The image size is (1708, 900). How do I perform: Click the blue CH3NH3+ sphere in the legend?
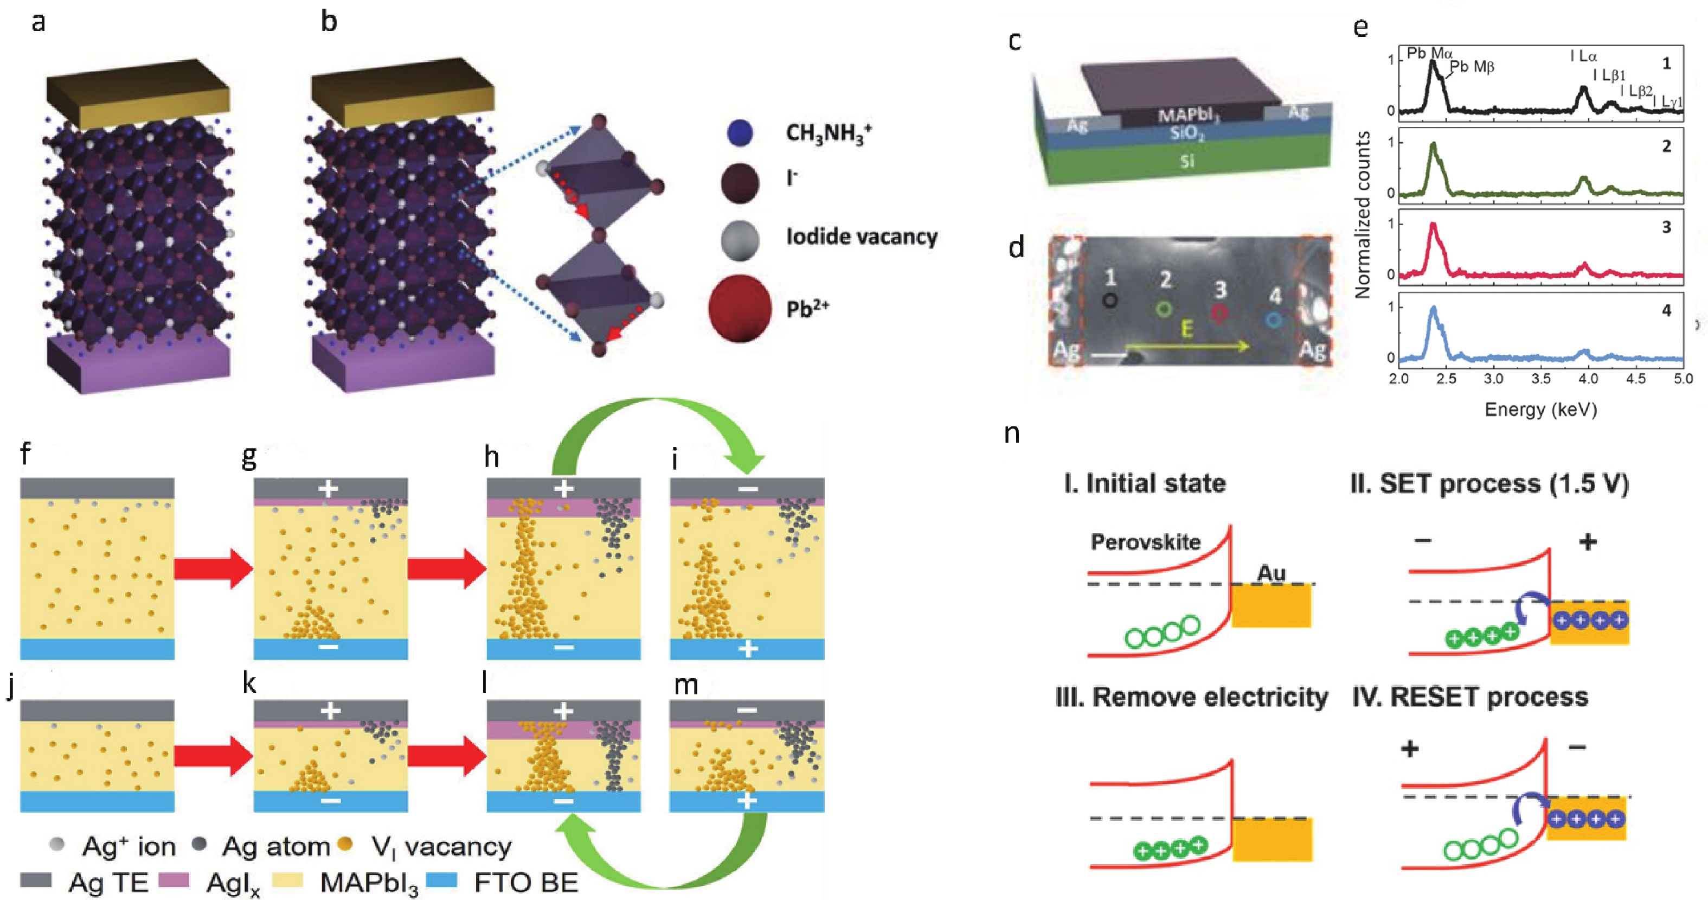pyautogui.click(x=739, y=133)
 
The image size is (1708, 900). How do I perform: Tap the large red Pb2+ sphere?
pyautogui.click(x=739, y=308)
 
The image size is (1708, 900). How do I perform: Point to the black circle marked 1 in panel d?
pyautogui.click(x=1110, y=301)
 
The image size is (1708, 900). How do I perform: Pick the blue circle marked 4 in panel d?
pyautogui.click(x=1273, y=320)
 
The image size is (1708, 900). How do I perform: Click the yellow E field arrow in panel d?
pyautogui.click(x=1187, y=346)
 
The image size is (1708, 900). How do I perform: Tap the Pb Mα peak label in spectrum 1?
pyautogui.click(x=1429, y=53)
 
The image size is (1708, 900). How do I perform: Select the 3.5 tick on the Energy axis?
pyautogui.click(x=1541, y=379)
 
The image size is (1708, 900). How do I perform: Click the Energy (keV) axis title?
pyautogui.click(x=1540, y=409)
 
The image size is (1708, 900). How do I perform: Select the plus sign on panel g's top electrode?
pyautogui.click(x=328, y=489)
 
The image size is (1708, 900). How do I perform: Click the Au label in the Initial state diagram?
pyautogui.click(x=1271, y=573)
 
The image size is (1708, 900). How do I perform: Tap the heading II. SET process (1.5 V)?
pyautogui.click(x=1489, y=484)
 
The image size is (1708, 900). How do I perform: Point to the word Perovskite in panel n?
pyautogui.click(x=1145, y=542)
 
